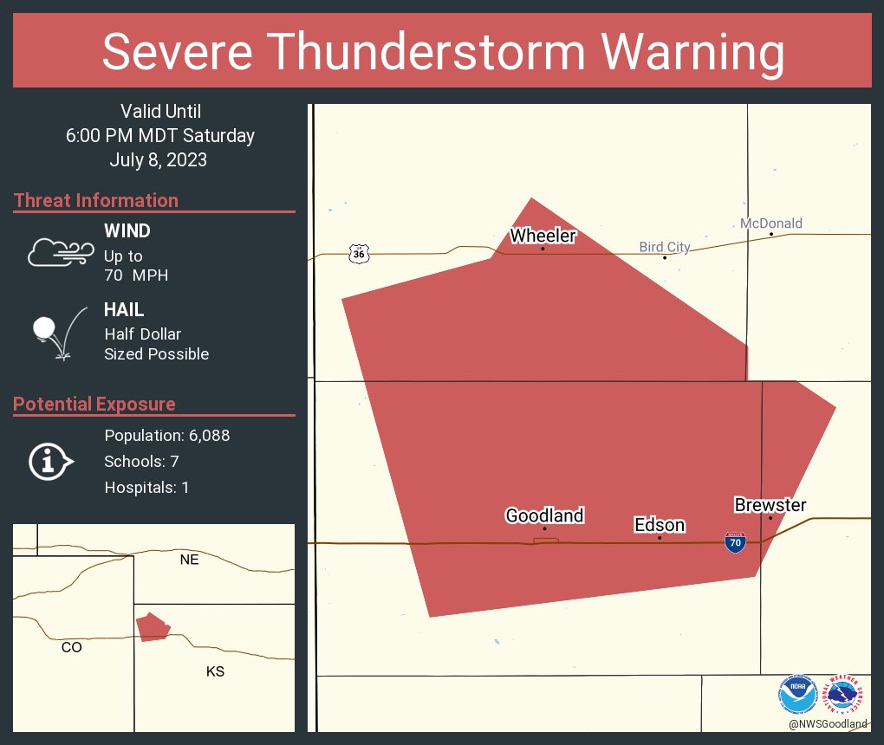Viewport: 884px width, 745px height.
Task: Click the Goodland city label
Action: click(x=544, y=515)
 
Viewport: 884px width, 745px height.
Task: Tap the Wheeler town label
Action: click(x=543, y=236)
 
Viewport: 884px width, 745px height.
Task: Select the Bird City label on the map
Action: click(x=665, y=247)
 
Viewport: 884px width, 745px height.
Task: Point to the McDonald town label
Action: click(x=770, y=223)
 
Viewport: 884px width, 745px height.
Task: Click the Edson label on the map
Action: click(x=660, y=525)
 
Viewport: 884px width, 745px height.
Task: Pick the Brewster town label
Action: click(x=770, y=505)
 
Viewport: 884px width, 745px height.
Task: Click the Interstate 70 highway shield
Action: click(x=735, y=542)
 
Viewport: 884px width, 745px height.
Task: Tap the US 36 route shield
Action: click(x=359, y=253)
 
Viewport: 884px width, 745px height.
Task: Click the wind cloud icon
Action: click(x=60, y=252)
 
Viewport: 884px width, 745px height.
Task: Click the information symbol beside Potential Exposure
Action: click(x=50, y=461)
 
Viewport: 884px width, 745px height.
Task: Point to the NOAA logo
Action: click(x=797, y=695)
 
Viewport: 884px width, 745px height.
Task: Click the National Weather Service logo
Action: click(x=846, y=695)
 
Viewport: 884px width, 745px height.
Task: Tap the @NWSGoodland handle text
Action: click(x=828, y=724)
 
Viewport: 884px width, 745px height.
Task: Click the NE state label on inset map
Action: click(x=189, y=560)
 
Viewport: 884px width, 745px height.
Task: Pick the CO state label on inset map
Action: click(x=72, y=647)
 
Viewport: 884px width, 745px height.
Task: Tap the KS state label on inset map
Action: click(x=216, y=671)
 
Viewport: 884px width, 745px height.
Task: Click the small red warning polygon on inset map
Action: click(x=153, y=626)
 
